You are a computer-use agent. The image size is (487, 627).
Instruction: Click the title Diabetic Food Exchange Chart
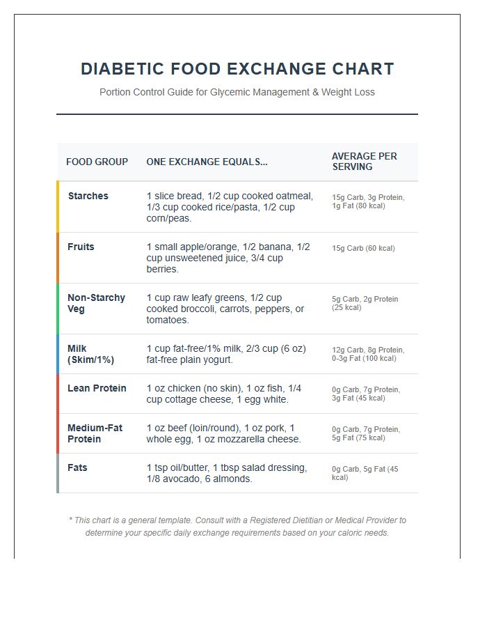237,69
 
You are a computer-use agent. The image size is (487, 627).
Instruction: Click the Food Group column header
97,162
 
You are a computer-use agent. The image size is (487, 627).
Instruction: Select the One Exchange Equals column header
207,162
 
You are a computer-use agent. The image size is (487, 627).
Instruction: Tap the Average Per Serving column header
365,162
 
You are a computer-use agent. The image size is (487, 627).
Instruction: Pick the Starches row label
88,196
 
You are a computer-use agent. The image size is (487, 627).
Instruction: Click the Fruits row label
81,247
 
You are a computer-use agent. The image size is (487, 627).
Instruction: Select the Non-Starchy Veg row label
96,303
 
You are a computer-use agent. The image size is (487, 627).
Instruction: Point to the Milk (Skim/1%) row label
90,354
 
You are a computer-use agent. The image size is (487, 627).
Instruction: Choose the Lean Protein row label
97,388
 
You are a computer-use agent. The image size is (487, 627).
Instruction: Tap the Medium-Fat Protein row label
95,433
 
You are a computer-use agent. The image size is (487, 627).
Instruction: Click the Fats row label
77,467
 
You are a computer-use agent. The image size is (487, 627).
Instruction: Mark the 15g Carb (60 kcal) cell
363,248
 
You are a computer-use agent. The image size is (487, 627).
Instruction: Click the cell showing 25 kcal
365,303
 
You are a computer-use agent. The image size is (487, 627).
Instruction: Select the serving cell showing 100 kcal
368,354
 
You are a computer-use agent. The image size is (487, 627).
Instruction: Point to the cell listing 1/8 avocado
227,473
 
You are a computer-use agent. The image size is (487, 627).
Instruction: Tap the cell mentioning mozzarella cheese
224,433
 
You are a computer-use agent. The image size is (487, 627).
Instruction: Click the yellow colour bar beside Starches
58,207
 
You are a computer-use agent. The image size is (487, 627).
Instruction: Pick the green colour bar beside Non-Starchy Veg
58,309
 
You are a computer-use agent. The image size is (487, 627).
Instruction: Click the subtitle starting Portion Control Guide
237,92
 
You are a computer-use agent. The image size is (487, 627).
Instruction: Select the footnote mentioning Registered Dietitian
237,527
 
